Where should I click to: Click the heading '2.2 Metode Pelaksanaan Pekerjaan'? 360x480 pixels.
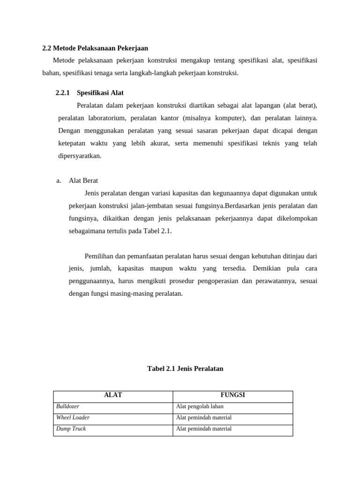click(x=95, y=48)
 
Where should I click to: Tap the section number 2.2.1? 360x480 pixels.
click(x=62, y=93)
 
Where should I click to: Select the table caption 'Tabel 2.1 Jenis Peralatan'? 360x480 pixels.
click(x=185, y=368)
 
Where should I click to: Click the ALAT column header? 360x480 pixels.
click(x=113, y=395)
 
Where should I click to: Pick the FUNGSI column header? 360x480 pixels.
click(x=232, y=395)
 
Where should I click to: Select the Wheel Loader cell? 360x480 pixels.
click(x=73, y=418)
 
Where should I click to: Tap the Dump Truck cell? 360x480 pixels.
click(x=71, y=429)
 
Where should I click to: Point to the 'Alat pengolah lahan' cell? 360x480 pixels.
click(x=200, y=406)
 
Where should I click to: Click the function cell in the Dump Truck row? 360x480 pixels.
click(x=203, y=429)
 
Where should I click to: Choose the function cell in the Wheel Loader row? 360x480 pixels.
click(x=203, y=418)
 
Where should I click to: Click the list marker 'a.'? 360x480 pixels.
click(x=59, y=180)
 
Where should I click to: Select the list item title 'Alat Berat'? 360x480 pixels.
click(x=83, y=180)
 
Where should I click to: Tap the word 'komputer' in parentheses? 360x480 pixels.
click(x=228, y=118)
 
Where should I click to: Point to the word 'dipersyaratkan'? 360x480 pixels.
click(x=80, y=156)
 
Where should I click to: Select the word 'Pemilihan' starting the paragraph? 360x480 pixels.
click(x=99, y=256)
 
